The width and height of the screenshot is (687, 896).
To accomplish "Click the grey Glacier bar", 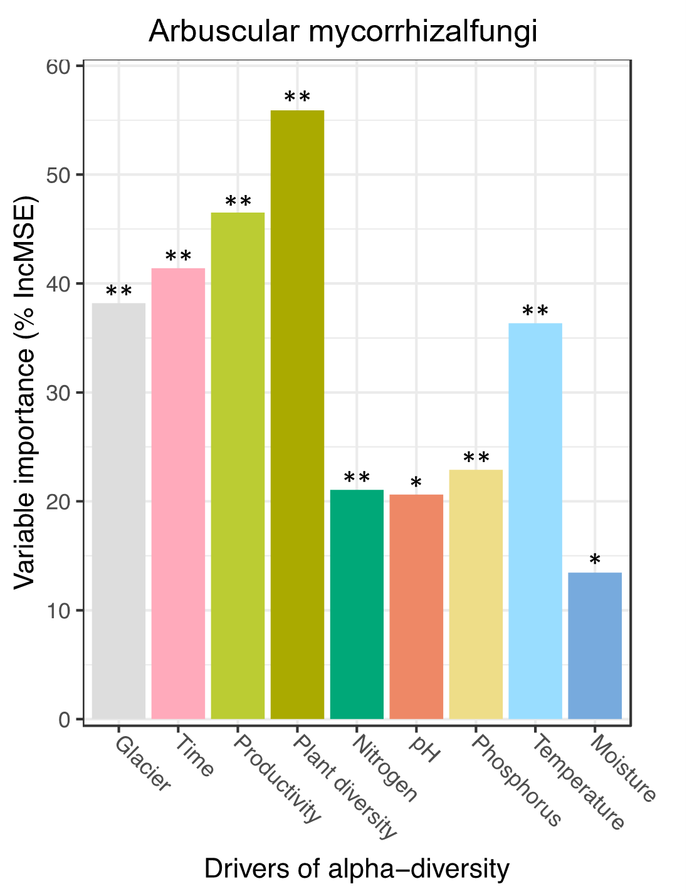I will click(118, 511).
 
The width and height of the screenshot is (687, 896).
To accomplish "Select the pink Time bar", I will click(178, 493).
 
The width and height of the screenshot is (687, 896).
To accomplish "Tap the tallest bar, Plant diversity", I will click(297, 414).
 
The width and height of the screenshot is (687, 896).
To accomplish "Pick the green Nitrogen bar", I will click(357, 604).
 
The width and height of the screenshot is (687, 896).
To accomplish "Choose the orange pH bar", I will click(416, 607).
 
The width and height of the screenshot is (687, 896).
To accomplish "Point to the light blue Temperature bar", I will click(535, 521).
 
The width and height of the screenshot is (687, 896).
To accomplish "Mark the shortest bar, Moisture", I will click(595, 646).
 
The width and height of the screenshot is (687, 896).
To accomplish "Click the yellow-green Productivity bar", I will click(238, 466).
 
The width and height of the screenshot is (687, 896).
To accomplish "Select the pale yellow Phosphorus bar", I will click(476, 594).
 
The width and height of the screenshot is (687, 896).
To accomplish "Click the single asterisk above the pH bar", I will click(416, 484).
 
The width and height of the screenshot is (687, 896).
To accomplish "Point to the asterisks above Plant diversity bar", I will click(297, 98).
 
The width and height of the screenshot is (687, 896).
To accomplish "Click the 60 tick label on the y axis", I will click(58, 66).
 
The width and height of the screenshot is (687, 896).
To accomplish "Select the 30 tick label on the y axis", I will click(58, 393).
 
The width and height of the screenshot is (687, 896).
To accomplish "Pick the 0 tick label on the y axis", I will click(64, 720).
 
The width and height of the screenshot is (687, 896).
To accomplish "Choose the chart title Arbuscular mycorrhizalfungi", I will click(343, 31).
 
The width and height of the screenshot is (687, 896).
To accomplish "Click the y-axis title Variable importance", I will click(25, 393).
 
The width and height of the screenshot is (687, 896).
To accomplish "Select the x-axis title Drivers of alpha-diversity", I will click(357, 869).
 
